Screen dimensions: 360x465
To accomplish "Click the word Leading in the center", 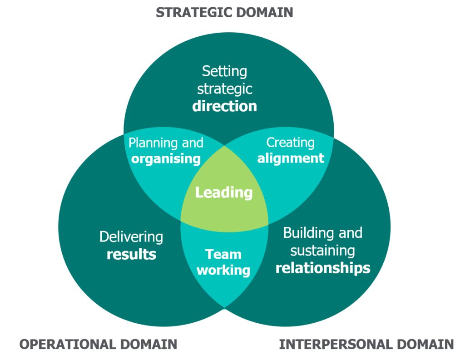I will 224,192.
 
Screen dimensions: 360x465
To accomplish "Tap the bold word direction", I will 224,106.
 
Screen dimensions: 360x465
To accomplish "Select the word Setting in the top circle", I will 224,71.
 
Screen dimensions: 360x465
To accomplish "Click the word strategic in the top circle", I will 224,89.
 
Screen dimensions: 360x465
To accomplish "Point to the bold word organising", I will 166,159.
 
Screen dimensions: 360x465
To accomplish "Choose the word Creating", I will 290,143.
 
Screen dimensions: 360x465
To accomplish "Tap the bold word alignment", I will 291,158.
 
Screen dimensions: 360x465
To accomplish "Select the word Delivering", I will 131,237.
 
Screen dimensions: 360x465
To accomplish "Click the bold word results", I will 131,254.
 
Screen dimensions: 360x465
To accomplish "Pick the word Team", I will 223,254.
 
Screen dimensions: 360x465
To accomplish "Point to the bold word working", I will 223,271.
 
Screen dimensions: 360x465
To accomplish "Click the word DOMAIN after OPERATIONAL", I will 148,345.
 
